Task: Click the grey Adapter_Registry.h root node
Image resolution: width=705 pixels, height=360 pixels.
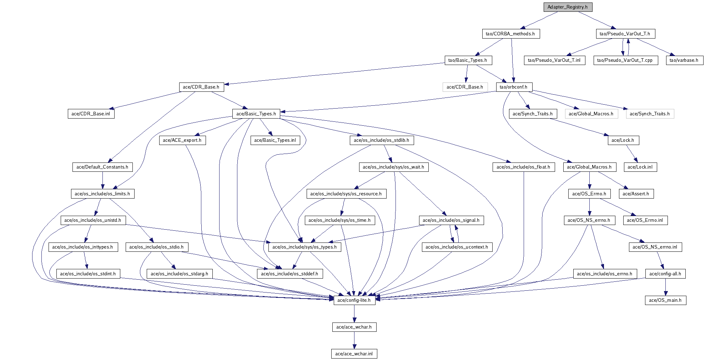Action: (567, 7)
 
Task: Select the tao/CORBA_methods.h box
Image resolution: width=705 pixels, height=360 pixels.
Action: (510, 34)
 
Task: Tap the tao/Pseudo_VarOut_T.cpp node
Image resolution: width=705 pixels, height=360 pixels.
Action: (625, 60)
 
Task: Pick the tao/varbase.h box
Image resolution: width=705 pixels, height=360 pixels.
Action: (684, 60)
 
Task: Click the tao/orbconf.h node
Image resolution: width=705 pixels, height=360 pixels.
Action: (513, 87)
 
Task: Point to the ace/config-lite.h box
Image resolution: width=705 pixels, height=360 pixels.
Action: (354, 300)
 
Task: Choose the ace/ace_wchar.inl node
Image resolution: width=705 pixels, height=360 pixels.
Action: (354, 354)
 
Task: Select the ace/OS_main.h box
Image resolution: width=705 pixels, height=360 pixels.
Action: (665, 300)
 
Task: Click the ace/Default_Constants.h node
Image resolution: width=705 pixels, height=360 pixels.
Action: (102, 167)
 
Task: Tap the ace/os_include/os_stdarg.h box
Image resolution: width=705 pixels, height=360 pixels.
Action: (179, 274)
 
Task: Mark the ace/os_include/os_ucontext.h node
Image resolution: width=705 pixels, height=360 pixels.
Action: (457, 247)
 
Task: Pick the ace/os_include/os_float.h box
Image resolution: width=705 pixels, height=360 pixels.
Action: (523, 167)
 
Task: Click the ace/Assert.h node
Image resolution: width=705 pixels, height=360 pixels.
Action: (635, 194)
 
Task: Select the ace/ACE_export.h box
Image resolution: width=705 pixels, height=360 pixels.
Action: (182, 140)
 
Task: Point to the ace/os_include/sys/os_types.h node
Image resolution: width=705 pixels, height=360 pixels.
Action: (304, 247)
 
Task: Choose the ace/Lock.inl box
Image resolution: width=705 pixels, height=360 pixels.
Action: (640, 167)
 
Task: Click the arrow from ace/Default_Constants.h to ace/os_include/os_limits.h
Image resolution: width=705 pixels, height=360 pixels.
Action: (102, 180)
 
